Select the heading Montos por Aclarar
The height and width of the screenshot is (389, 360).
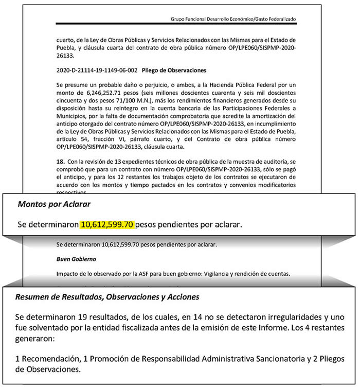click(47, 204)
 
